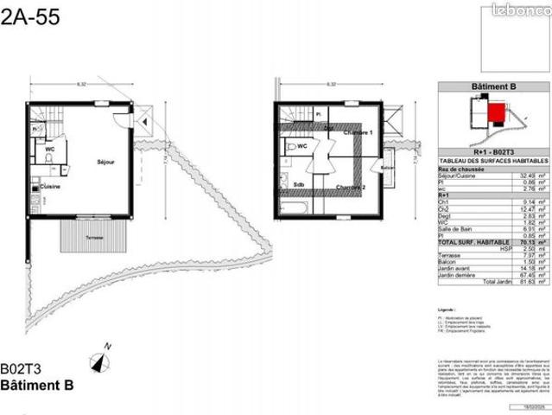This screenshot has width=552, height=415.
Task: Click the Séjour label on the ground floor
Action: (x=105, y=162)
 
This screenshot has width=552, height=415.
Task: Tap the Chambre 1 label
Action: (x=357, y=133)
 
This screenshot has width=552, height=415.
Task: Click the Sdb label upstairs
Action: (x=299, y=184)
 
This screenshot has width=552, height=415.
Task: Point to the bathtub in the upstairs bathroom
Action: (x=294, y=207)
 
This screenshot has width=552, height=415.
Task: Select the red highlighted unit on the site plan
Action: (x=495, y=111)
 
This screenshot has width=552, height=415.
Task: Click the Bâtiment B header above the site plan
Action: (x=492, y=87)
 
